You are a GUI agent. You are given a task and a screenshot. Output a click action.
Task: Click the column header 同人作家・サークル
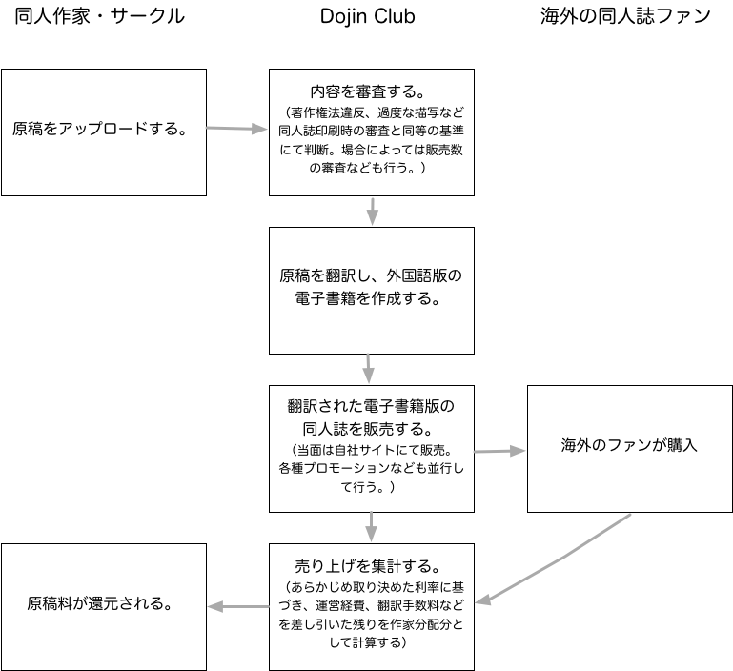coord(99,16)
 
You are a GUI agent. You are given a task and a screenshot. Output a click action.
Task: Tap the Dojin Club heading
coord(367,17)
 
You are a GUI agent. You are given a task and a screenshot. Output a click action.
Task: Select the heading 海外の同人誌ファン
coord(625,16)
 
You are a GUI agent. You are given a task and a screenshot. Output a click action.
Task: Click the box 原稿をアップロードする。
coord(104,132)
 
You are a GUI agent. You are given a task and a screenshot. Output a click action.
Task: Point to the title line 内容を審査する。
coord(368,91)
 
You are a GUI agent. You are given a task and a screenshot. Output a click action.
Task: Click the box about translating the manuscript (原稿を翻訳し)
coord(372,291)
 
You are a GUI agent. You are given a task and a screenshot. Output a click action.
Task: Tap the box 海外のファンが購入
coord(630,449)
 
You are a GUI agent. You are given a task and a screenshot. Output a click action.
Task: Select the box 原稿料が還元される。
coord(104,607)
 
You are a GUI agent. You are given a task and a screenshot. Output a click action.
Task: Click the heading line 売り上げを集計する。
coord(368,566)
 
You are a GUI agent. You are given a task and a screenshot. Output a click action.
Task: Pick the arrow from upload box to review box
coord(237,129)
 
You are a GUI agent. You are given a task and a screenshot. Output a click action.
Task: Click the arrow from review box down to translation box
coord(372,212)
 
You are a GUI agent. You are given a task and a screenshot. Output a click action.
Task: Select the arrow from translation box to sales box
coord(368,369)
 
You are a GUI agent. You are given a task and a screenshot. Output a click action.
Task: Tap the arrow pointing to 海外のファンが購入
coord(500,451)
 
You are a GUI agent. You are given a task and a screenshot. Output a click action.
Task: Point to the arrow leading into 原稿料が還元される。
coord(238,607)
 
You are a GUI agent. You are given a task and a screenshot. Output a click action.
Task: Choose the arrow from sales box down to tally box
coord(371,527)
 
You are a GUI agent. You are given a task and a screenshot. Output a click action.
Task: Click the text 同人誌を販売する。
coord(368,429)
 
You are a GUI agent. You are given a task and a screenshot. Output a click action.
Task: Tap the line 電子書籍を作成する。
coord(368,298)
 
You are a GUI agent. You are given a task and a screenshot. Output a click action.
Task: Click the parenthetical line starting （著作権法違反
coord(372,112)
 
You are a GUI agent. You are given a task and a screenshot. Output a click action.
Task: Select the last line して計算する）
coord(368,642)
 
